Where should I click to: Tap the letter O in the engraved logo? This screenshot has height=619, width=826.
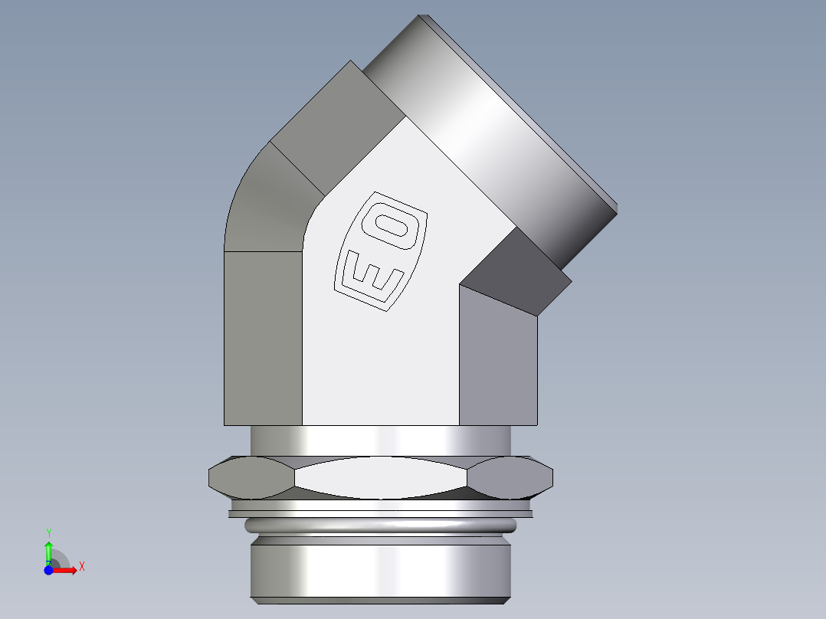396,224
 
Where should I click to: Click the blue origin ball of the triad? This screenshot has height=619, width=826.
48,570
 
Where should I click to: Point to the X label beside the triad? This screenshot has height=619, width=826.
81,566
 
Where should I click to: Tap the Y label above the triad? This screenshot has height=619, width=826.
48,532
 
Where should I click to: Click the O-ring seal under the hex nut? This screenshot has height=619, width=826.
381,526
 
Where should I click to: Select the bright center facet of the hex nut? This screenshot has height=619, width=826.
381,478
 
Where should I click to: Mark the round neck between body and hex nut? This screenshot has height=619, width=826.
381,441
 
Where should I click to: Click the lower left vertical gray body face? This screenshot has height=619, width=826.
262,337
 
